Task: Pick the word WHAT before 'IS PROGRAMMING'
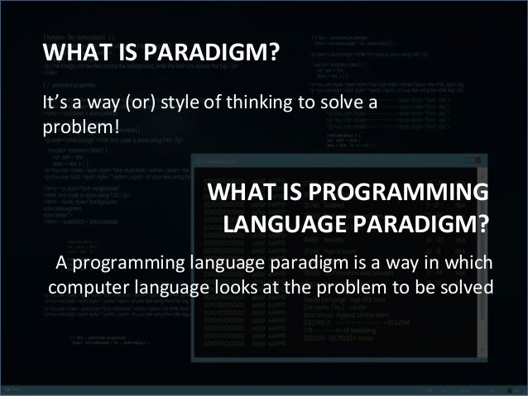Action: point(240,193)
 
